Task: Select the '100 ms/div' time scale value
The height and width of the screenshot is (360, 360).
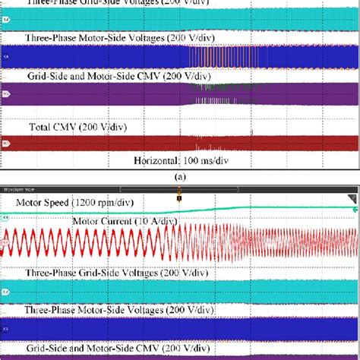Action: click(205, 160)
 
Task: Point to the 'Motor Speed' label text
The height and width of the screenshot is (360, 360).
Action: click(46, 204)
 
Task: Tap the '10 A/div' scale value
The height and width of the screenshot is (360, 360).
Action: click(156, 221)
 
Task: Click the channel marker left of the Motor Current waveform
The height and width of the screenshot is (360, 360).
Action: click(5, 242)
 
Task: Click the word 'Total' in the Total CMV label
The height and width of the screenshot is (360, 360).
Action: click(42, 128)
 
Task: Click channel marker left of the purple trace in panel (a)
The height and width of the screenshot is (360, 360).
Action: click(5, 94)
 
